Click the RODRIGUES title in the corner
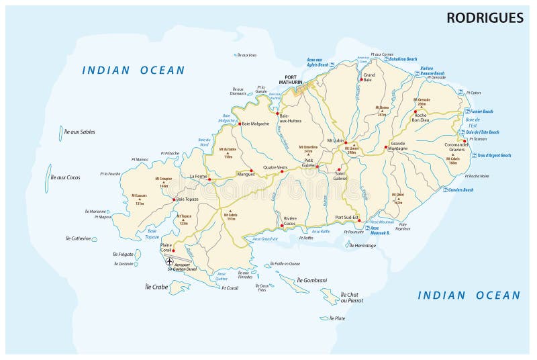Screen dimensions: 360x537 (x=485, y=18)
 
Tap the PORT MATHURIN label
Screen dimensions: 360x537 (x=296, y=79)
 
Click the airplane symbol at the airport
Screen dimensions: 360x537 (x=168, y=261)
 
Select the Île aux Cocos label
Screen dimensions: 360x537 (x=65, y=177)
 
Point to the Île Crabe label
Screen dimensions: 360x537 (x=156, y=287)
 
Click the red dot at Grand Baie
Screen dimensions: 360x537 (x=361, y=79)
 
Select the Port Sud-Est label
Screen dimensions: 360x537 (x=348, y=217)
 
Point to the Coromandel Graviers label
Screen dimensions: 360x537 (x=458, y=147)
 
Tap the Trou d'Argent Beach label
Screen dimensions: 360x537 (x=494, y=156)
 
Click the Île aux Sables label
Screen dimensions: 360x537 (x=79, y=132)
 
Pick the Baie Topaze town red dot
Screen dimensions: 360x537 (x=175, y=199)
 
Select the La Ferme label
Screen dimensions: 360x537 (x=199, y=176)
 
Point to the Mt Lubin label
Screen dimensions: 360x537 (x=335, y=140)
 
